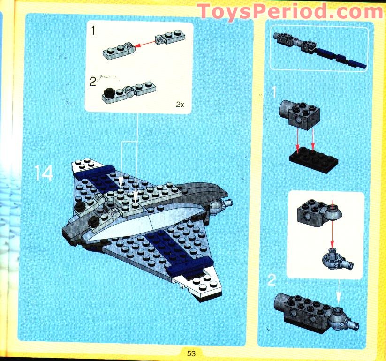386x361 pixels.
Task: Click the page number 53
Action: coord(190,353)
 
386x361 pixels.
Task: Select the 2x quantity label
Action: coord(180,105)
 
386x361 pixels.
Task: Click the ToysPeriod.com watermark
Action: coord(290,11)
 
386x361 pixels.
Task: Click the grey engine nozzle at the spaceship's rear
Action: coord(222,205)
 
